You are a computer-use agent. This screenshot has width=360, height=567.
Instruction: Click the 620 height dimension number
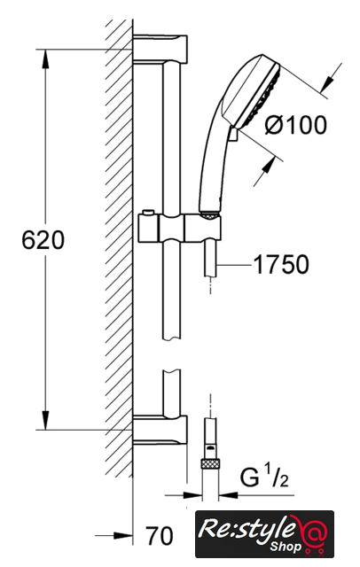(43, 240)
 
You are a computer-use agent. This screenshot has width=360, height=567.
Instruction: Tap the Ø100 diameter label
(296, 125)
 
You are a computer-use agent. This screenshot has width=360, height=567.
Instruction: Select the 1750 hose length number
(281, 264)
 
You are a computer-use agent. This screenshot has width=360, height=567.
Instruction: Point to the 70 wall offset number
(160, 535)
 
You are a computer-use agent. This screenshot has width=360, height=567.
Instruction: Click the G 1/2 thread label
(264, 477)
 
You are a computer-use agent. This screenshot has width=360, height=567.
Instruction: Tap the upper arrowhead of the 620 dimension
(45, 58)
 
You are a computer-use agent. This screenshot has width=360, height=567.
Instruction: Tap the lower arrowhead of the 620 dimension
(45, 420)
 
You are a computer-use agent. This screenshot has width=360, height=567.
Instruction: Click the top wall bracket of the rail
(160, 50)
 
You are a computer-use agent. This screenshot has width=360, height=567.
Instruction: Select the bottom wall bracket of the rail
(160, 429)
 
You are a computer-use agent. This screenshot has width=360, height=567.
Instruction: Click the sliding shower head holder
(179, 228)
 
